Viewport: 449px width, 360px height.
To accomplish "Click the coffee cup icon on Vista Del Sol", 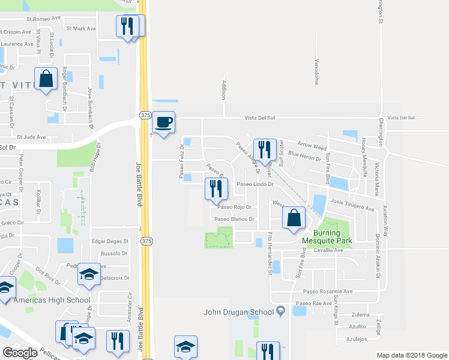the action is coord(163,123).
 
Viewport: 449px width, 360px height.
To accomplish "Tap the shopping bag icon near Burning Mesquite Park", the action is coord(294,218).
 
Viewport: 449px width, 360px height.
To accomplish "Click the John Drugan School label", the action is coord(239,311).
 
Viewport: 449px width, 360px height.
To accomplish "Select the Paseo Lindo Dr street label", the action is coord(255,184).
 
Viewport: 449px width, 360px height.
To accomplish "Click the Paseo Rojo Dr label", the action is coord(234,208).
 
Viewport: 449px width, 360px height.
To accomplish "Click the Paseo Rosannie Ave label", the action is coord(327,292).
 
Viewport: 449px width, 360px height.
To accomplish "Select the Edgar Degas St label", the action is coord(110,241).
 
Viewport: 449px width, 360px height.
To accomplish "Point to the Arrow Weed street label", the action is coord(312,146).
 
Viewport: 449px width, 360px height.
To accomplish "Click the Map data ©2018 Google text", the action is coord(411,355).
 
